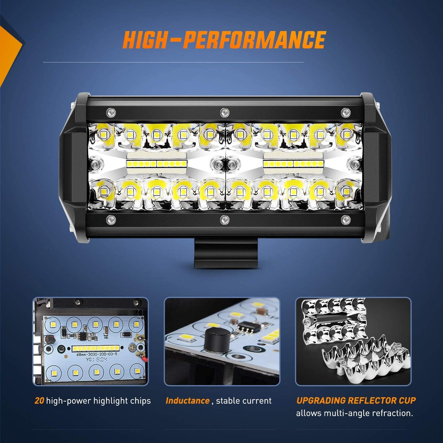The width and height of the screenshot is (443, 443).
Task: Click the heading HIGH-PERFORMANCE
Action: click(x=223, y=40)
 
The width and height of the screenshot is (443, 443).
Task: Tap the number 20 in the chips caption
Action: click(x=39, y=401)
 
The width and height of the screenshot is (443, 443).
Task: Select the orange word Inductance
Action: click(x=187, y=401)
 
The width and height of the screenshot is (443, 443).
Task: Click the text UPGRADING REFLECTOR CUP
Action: click(x=356, y=400)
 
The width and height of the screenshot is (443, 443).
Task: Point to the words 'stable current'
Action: click(x=244, y=401)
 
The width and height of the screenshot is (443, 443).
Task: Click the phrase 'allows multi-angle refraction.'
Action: click(x=354, y=413)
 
